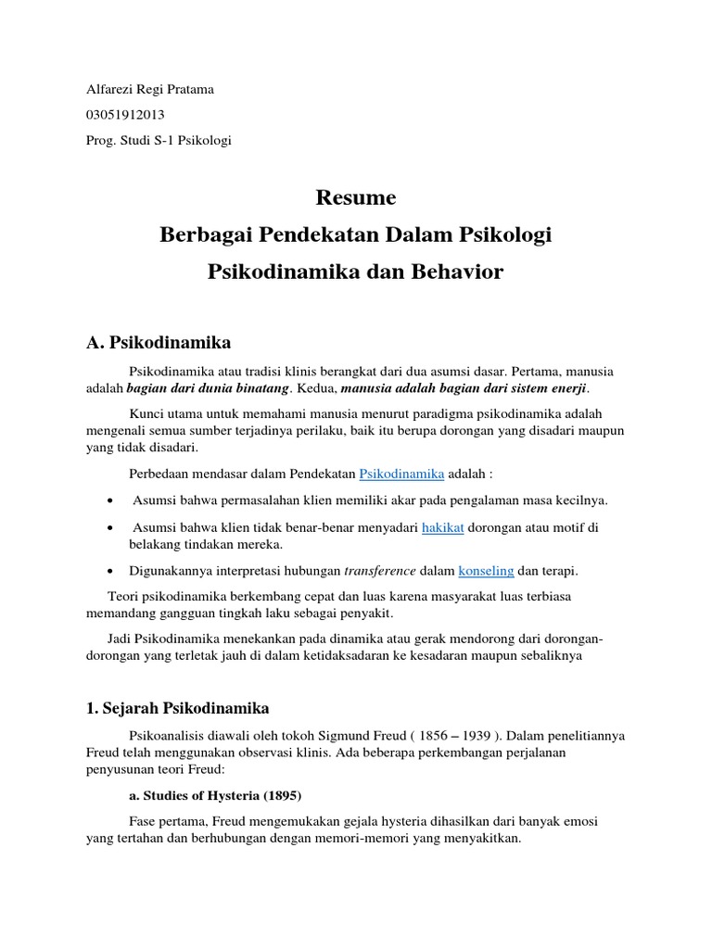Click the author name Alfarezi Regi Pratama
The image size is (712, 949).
149,90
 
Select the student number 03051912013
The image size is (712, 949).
125,115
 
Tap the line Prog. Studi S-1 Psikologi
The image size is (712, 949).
158,141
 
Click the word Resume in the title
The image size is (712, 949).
356,197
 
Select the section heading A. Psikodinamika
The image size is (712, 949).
158,343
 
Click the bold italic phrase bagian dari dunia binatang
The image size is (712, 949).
209,387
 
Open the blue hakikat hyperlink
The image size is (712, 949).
442,527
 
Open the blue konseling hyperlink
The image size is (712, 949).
487,571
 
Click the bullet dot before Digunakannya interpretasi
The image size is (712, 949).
111,571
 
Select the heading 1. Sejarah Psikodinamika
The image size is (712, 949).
177,709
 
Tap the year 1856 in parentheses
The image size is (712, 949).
439,735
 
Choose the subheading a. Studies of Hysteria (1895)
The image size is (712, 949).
215,796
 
